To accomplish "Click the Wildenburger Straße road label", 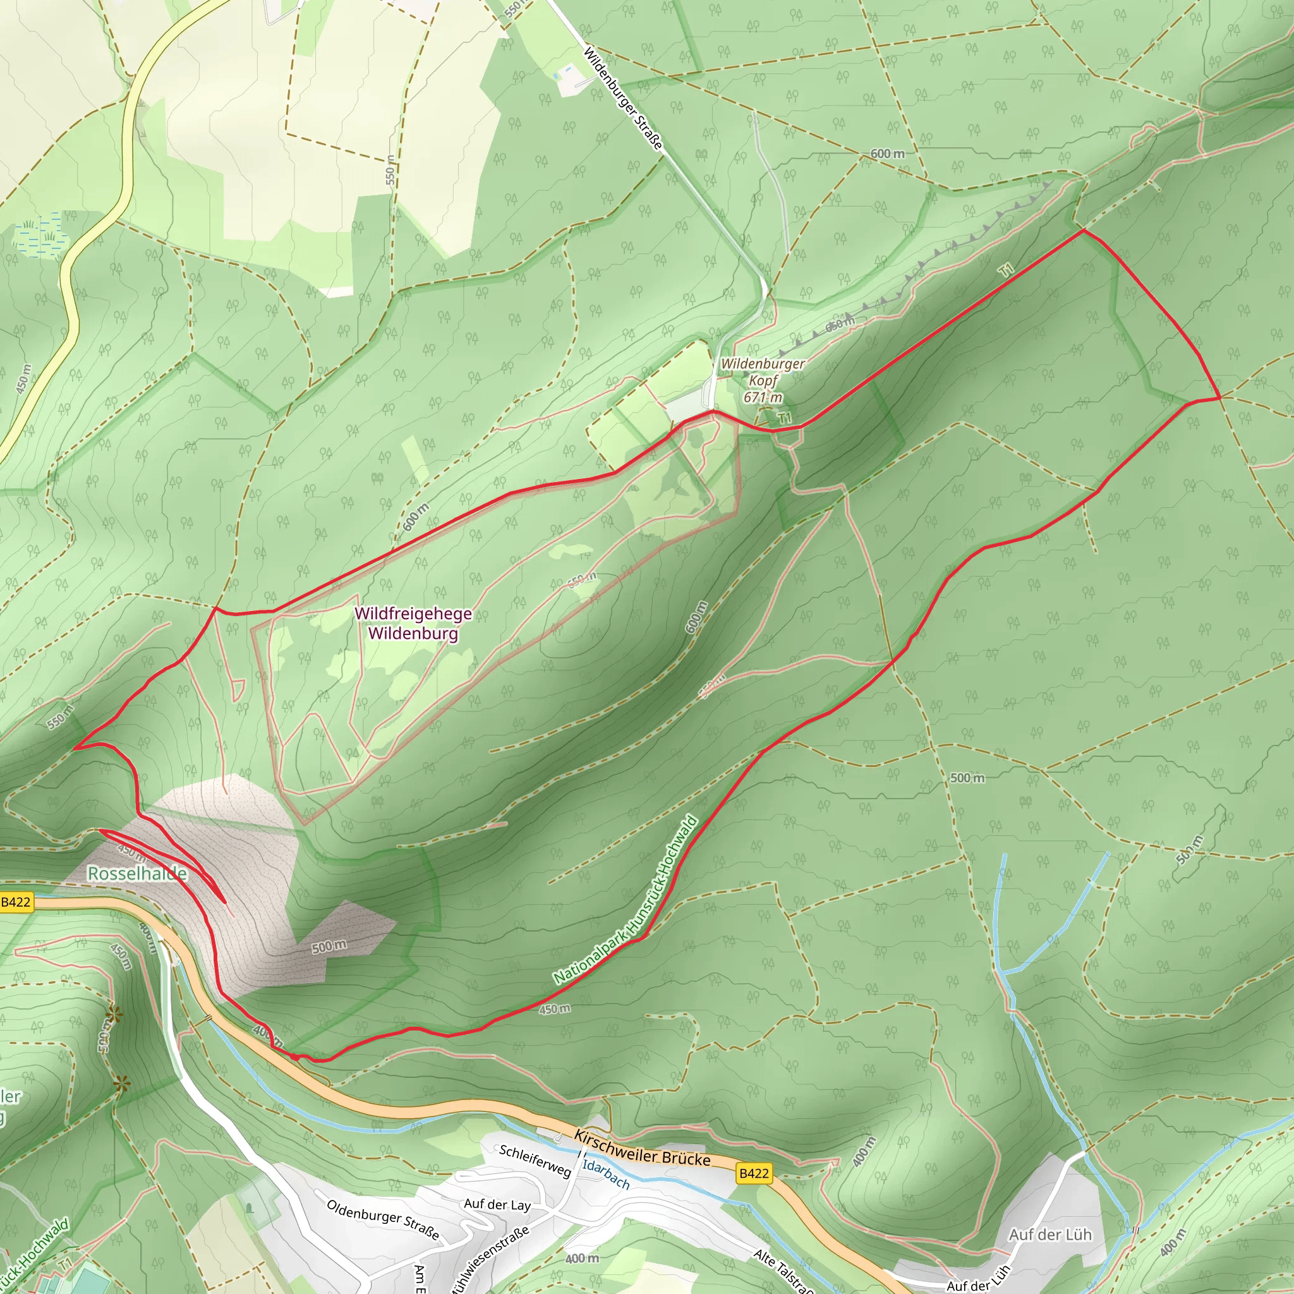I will [x=623, y=99].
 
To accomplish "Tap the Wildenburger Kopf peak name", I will [x=763, y=372].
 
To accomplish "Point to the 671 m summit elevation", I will [x=763, y=397].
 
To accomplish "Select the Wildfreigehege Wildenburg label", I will [x=413, y=624].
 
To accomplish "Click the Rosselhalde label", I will [x=137, y=873].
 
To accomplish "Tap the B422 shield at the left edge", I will [x=16, y=902].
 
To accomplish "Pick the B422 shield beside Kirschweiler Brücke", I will [x=754, y=1173].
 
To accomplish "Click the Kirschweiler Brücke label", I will [x=642, y=1148].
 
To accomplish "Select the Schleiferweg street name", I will [x=535, y=1161].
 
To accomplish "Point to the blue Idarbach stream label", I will [x=605, y=1174].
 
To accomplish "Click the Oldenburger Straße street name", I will [x=382, y=1219].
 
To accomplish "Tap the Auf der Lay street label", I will [x=497, y=1205].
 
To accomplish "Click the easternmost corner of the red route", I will [x=1219, y=397].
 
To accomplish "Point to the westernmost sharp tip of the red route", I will [x=75, y=747].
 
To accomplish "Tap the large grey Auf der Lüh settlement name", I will [x=1050, y=1235].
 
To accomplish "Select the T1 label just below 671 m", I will [x=785, y=418].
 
